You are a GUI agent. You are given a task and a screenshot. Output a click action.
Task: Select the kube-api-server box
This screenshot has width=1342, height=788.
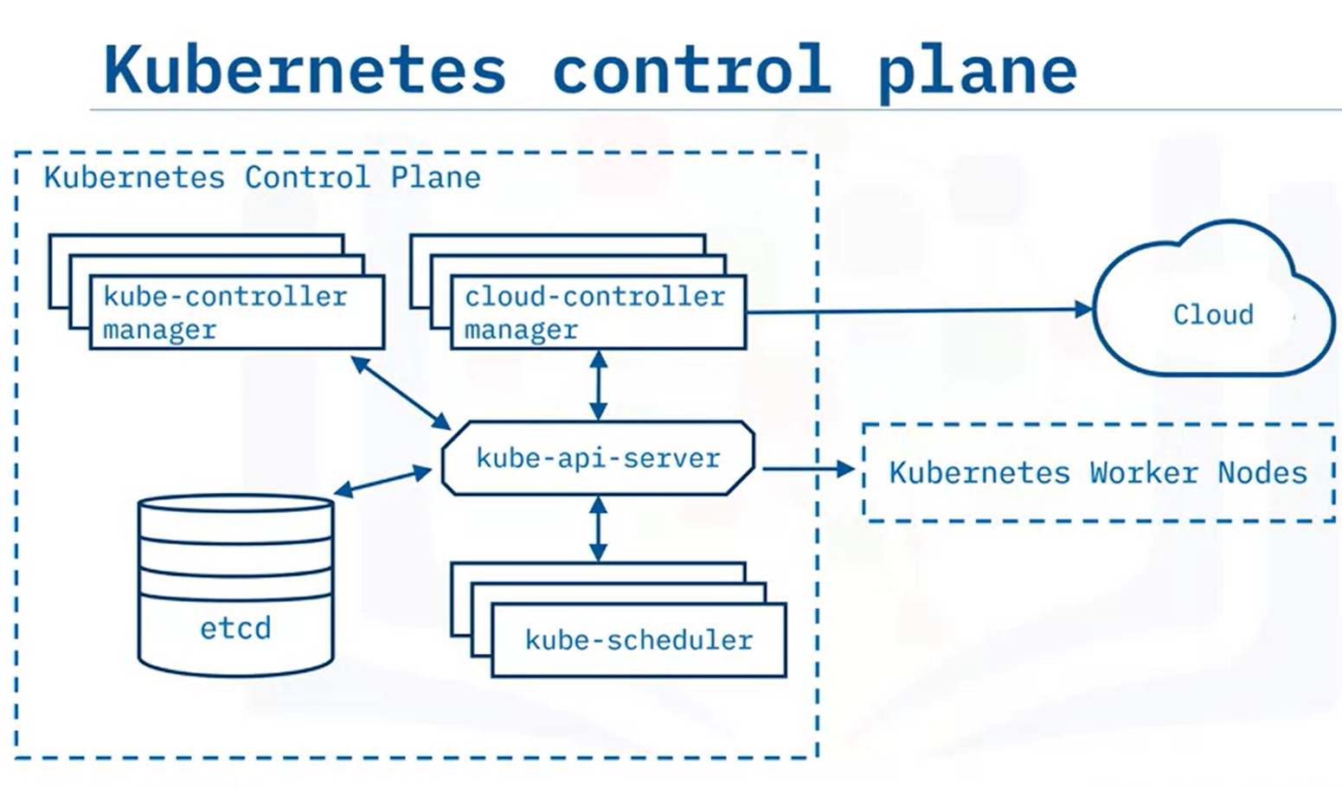pyautogui.click(x=598, y=458)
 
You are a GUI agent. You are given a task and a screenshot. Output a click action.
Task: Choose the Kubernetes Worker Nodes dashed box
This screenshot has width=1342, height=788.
pyautogui.click(x=1098, y=472)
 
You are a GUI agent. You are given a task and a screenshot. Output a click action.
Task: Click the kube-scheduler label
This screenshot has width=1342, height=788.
pyautogui.click(x=639, y=640)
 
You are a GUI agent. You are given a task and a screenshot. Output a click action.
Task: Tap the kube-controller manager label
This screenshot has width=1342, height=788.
pyautogui.click(x=225, y=312)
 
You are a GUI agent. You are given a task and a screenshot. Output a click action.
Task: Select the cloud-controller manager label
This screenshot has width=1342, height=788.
pyautogui.click(x=594, y=312)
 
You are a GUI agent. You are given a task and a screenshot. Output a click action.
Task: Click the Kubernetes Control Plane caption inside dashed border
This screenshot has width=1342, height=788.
pyautogui.click(x=262, y=177)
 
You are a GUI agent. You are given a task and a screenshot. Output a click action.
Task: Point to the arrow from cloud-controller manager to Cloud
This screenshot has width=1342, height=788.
pyautogui.click(x=917, y=310)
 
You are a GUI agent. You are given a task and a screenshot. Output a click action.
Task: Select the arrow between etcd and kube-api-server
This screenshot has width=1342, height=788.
pyautogui.click(x=382, y=481)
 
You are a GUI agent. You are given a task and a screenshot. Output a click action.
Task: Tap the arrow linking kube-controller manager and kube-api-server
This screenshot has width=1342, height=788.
pyautogui.click(x=401, y=392)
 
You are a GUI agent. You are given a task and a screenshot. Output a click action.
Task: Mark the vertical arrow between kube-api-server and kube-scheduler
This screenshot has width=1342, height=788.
pyautogui.click(x=597, y=529)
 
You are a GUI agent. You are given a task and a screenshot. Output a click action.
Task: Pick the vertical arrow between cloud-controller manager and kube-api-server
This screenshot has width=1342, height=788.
pyautogui.click(x=597, y=385)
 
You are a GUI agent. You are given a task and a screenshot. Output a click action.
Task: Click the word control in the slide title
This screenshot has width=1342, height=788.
pyautogui.click(x=691, y=69)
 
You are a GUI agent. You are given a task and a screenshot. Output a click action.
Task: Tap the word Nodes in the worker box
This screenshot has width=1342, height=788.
pyautogui.click(x=1262, y=472)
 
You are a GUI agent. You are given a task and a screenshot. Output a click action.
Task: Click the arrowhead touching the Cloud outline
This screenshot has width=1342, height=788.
pyautogui.click(x=1084, y=309)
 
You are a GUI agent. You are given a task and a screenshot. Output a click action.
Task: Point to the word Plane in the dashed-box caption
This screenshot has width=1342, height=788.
pyautogui.click(x=435, y=177)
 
